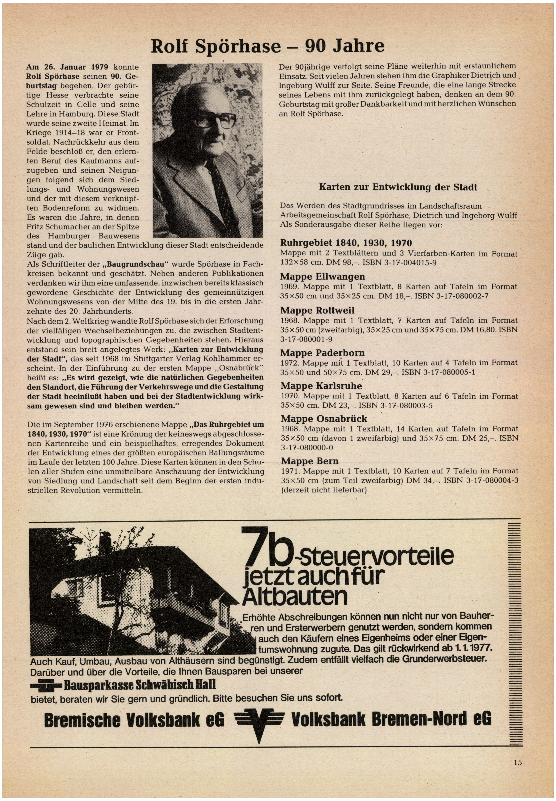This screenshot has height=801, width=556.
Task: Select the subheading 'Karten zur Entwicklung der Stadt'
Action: click(398, 187)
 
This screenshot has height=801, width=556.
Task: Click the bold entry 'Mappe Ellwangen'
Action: click(323, 277)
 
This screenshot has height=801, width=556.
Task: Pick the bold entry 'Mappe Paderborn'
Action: click(323, 353)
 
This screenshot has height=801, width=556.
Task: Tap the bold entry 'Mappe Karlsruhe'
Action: click(321, 386)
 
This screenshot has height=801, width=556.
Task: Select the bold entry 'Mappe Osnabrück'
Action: click(324, 419)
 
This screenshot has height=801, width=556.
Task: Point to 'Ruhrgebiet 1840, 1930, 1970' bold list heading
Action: click(346, 243)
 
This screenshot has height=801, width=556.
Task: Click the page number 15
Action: click(517, 762)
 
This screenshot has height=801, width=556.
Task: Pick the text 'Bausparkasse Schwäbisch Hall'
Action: click(139, 685)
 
